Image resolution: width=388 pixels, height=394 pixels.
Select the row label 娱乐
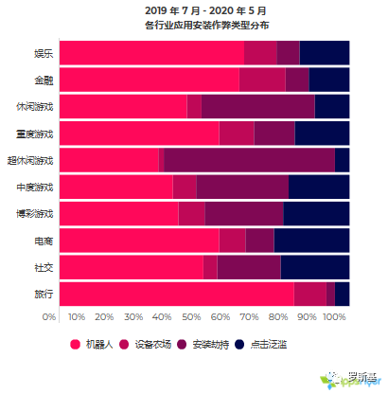click(43, 53)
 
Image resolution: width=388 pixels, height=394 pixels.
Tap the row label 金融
click(43, 80)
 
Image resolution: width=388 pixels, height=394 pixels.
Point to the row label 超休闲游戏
click(30, 160)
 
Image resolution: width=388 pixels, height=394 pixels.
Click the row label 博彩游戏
click(35, 213)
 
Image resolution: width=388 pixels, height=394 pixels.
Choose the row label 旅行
click(43, 294)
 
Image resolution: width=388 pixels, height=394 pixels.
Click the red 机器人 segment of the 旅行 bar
click(176, 294)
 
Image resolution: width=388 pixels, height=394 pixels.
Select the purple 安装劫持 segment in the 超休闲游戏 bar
click(249, 160)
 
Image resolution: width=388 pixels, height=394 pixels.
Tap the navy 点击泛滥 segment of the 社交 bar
click(314, 267)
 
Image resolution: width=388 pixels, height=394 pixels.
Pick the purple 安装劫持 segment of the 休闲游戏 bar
click(257, 106)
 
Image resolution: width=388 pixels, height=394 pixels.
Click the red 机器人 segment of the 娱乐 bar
click(151, 53)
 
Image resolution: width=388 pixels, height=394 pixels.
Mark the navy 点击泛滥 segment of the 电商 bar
click(311, 241)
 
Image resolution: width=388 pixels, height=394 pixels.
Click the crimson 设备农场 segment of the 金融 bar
click(262, 80)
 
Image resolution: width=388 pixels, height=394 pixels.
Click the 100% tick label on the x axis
click(334, 316)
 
